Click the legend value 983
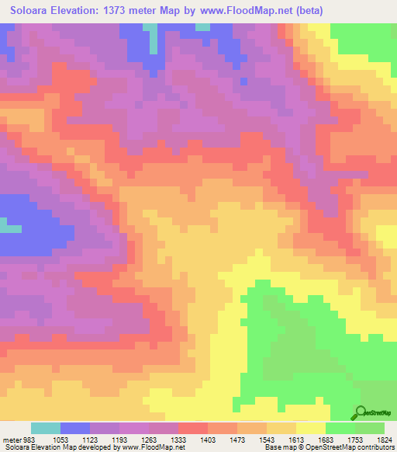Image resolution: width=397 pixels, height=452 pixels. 29,439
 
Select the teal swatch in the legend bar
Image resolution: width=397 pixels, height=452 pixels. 46,428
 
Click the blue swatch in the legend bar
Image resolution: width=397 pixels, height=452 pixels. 75,428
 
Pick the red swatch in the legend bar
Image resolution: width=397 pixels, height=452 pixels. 193,428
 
